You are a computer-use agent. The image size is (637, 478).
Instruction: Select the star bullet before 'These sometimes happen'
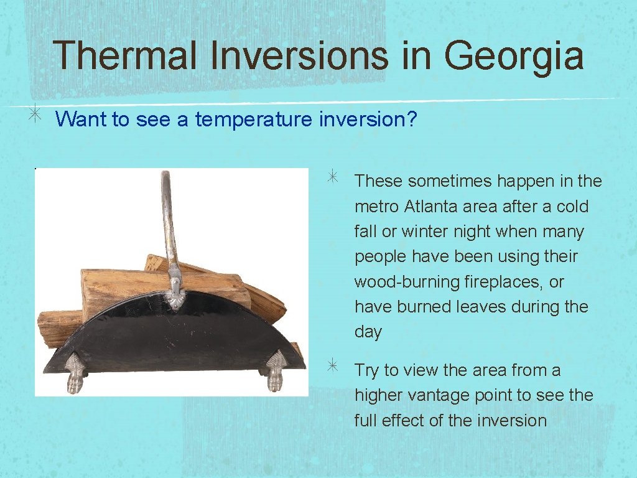point(334,178)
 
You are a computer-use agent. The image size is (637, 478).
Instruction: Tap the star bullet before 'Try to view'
point(334,367)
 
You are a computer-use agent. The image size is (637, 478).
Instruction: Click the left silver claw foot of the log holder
point(75,373)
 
